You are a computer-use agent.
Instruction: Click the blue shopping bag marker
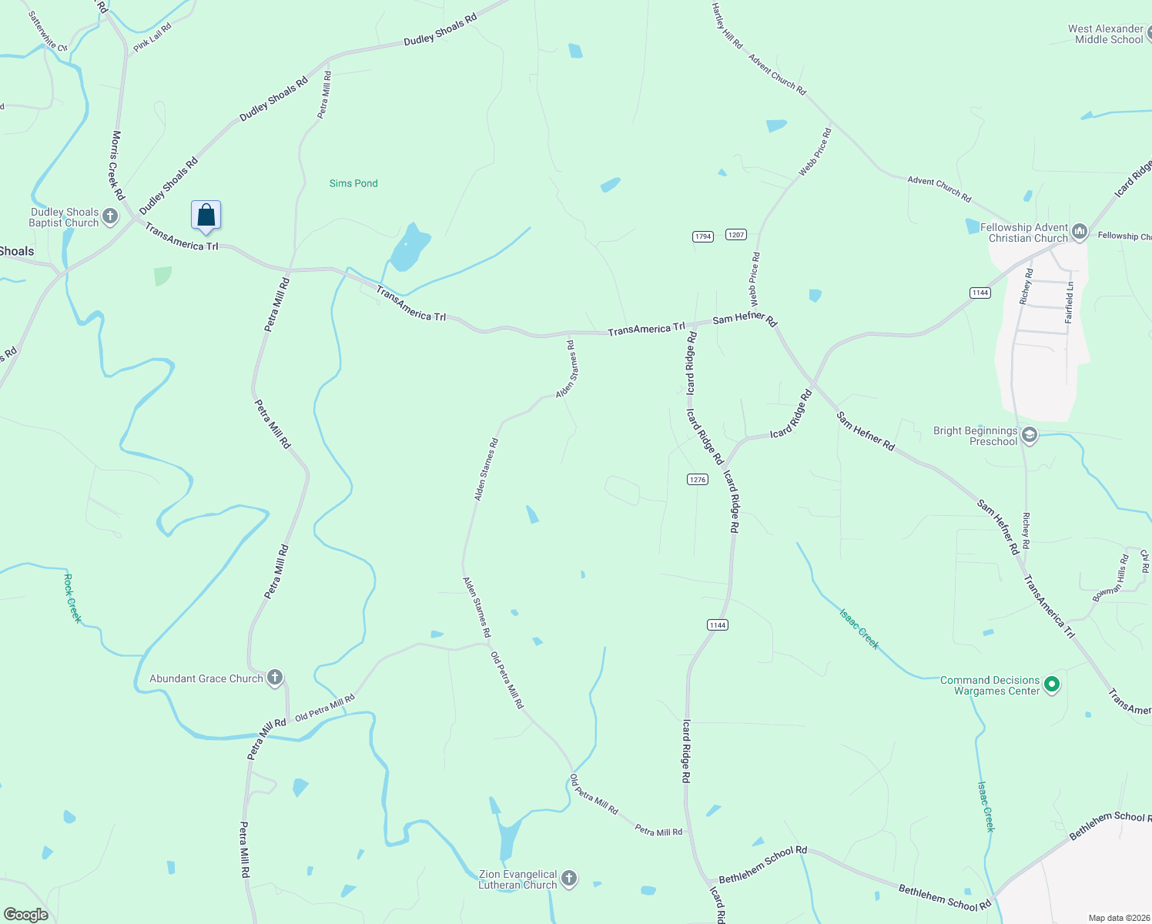tap(206, 216)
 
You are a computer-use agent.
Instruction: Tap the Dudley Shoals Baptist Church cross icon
tap(110, 216)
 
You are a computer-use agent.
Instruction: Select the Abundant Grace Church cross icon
tap(274, 678)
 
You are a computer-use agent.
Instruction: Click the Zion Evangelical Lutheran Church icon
tap(569, 879)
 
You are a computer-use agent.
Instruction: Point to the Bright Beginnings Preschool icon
tap(1030, 436)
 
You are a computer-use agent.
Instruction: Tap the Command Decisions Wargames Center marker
tap(1052, 685)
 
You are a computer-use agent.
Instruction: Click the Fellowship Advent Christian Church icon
tap(1080, 232)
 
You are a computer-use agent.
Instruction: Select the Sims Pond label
tap(353, 183)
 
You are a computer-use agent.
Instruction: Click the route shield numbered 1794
tap(703, 236)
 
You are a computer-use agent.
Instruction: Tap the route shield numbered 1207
tap(736, 234)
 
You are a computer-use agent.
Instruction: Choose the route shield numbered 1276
tap(698, 480)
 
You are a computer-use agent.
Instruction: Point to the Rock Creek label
tap(72, 598)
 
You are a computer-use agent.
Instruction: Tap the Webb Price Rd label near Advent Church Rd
tap(815, 152)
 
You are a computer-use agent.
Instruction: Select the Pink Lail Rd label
tap(152, 38)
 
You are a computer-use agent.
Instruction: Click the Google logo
tap(26, 915)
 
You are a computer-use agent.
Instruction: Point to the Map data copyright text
tap(1116, 918)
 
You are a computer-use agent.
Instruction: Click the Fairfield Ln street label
tap(1069, 303)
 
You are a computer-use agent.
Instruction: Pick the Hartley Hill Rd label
tap(726, 27)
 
